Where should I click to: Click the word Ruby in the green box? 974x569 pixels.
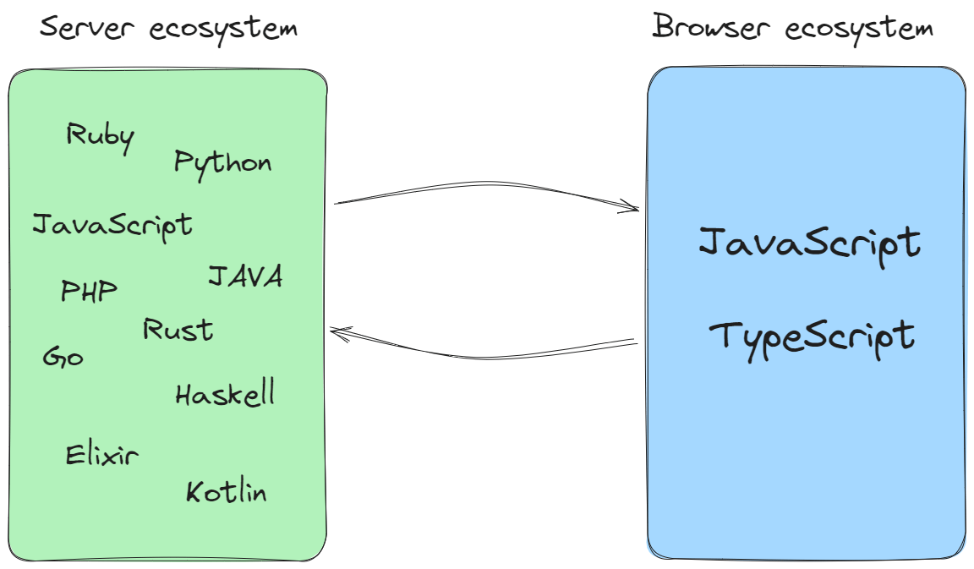100,137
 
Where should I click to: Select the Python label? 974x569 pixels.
222,163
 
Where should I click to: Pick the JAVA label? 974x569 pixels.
244,276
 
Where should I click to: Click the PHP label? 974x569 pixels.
89,292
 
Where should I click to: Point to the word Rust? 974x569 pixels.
178,330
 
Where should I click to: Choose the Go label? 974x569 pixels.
63,358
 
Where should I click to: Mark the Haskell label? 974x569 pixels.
225,394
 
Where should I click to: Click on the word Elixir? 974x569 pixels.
101,456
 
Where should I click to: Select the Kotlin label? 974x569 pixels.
226,492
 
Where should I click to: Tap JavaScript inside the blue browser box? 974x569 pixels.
809,244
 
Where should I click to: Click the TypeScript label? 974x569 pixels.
812,336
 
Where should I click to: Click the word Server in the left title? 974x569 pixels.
88,28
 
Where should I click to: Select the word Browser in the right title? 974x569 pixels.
714,27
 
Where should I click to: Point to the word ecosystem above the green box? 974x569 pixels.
223,29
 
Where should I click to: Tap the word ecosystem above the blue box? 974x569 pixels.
859,29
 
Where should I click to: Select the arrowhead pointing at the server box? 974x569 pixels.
337,332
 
